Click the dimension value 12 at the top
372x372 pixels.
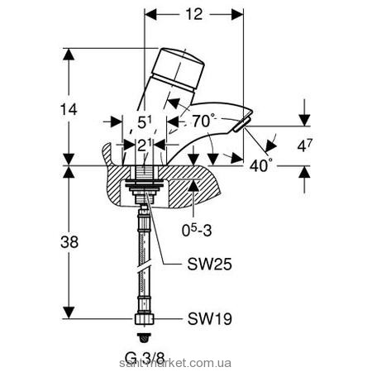(x=194, y=14)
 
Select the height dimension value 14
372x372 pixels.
(x=69, y=110)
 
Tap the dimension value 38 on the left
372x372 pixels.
(x=69, y=242)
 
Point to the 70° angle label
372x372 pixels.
(x=203, y=121)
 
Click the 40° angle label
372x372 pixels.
(x=259, y=165)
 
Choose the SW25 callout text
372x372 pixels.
(x=209, y=265)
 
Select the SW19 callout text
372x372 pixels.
(x=209, y=319)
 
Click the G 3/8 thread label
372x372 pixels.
(x=145, y=358)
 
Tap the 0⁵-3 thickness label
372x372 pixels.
(x=197, y=230)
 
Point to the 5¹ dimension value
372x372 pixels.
(x=145, y=122)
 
